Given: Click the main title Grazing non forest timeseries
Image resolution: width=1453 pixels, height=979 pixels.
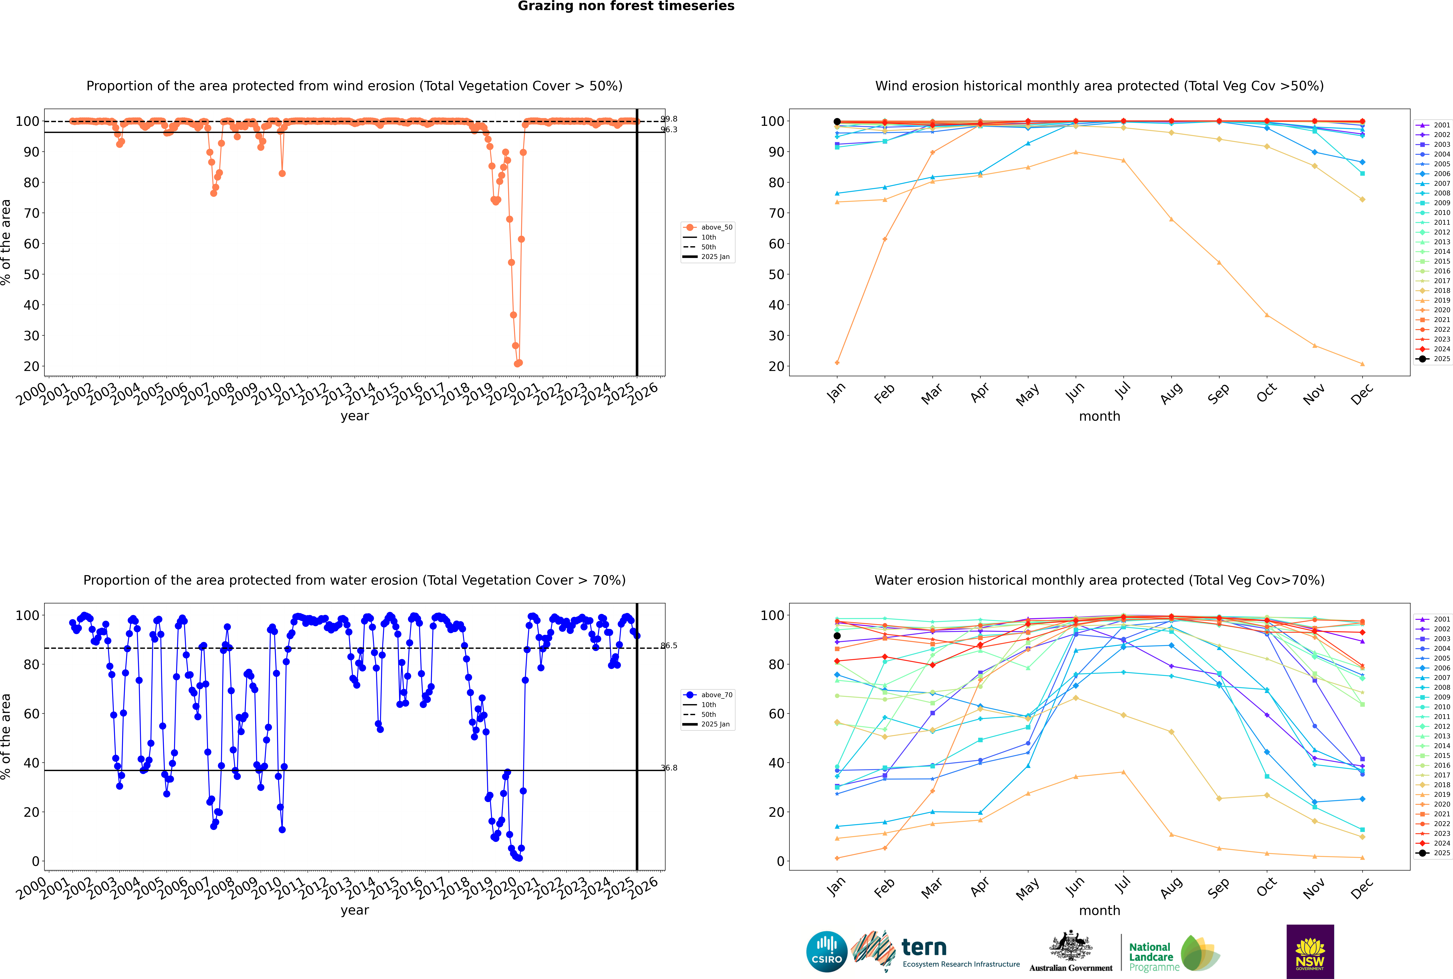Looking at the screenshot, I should [626, 6].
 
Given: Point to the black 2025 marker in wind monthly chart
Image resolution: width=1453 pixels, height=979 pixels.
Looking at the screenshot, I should [837, 122].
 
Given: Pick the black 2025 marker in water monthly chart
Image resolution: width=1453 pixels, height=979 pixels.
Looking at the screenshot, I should [837, 636].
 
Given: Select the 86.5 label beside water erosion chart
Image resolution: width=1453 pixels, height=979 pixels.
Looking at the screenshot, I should [669, 646].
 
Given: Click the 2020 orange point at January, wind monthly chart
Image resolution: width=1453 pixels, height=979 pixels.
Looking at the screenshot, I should [837, 363].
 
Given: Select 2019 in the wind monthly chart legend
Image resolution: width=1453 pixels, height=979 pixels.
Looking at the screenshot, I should [1442, 300].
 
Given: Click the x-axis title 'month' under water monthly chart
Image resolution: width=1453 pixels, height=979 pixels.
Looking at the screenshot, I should [1099, 910].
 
